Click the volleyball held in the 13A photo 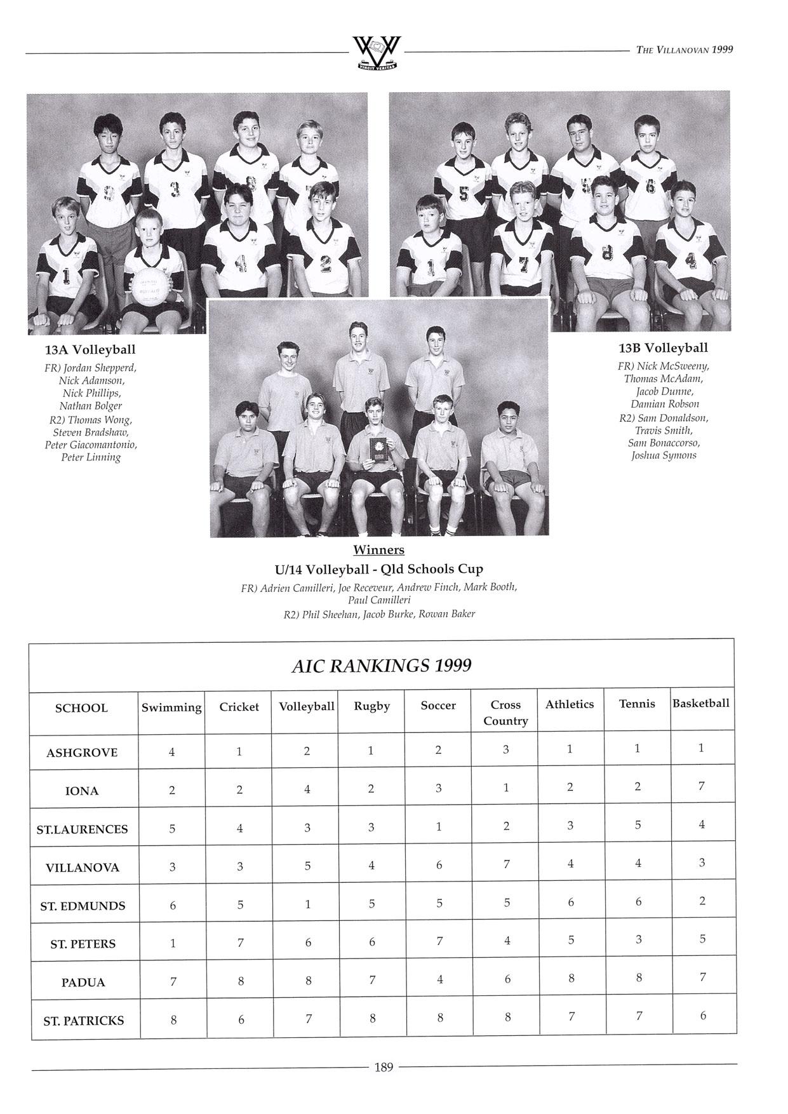pos(151,289)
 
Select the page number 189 pos(384,1066)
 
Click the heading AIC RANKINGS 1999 pos(381,666)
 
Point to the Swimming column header pos(171,707)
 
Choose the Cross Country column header pos(505,712)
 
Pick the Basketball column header pos(701,703)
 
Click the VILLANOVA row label pos(83,867)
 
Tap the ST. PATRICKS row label pos(84,1021)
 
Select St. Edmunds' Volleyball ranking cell pos(307,904)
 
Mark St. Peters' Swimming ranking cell pos(172,943)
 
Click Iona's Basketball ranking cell pos(702,786)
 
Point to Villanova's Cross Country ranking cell pos(506,864)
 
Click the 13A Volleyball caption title pos(90,349)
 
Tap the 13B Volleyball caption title pos(664,347)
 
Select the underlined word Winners pos(378,549)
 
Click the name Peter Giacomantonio pos(91,445)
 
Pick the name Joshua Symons pos(664,455)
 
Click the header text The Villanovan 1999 pos(684,50)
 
